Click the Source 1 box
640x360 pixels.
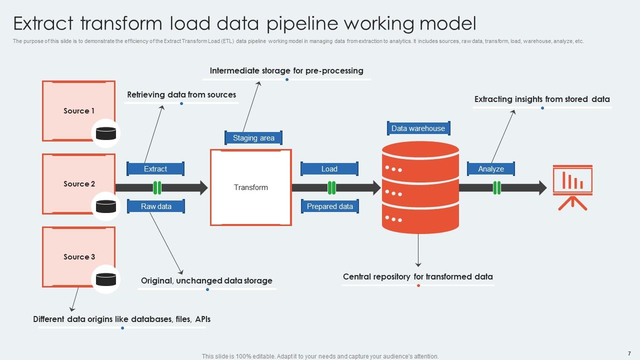[x=78, y=110]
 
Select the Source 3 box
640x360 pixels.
[x=78, y=256]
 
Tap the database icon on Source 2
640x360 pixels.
[x=106, y=206]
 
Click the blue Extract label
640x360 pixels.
[x=155, y=169]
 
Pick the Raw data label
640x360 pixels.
[x=156, y=206]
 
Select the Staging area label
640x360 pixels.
[x=253, y=138]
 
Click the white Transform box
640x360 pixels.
[x=251, y=187]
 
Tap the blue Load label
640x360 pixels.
[x=329, y=169]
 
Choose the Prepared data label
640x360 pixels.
[x=329, y=206]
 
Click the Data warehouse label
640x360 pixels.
[x=418, y=128]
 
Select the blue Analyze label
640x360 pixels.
[x=490, y=169]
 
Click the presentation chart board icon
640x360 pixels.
[x=572, y=186]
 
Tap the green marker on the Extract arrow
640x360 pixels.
[x=157, y=188]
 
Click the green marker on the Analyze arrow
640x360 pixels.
[x=496, y=188]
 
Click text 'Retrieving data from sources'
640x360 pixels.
[x=181, y=94]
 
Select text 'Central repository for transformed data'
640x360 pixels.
[x=417, y=276]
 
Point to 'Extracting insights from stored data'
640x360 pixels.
[x=542, y=99]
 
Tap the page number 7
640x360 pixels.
[x=629, y=353]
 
